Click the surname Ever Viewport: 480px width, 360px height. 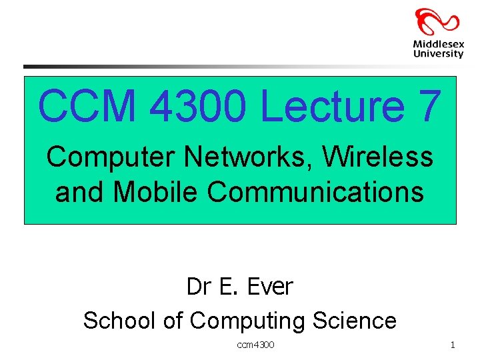coord(269,287)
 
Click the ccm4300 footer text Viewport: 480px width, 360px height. coord(255,345)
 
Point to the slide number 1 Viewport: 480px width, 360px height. coord(453,345)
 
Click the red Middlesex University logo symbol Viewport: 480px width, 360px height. coord(437,21)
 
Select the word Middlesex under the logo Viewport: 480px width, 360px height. coord(438,44)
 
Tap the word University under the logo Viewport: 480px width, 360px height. coord(438,53)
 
